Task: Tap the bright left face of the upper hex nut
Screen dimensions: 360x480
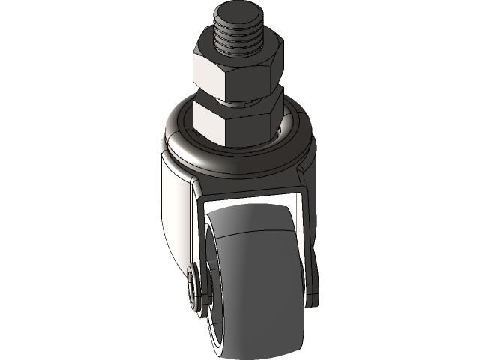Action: (x=207, y=73)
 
